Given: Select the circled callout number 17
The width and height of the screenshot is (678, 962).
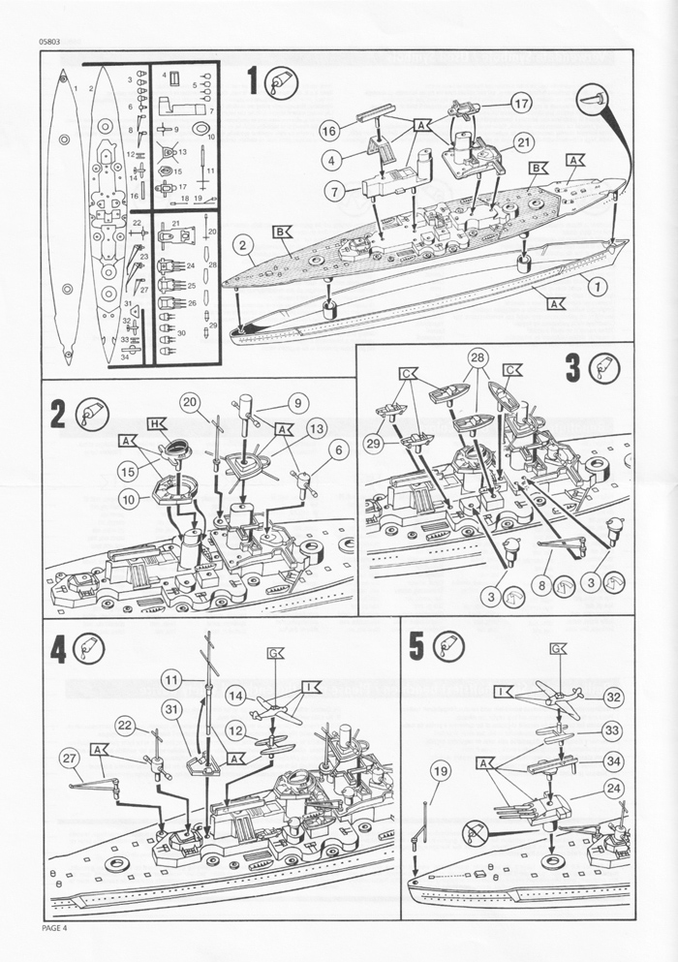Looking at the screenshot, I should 521,103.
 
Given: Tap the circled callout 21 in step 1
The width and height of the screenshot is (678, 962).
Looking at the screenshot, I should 524,142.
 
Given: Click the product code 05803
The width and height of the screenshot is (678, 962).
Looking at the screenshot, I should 54,40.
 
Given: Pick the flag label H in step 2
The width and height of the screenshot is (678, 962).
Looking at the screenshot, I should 155,423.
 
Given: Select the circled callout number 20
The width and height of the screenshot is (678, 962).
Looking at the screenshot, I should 189,402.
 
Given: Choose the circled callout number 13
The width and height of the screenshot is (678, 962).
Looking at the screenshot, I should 316,427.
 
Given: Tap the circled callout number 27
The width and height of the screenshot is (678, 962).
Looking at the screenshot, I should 68,757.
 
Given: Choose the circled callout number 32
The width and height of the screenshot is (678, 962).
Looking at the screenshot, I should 612,697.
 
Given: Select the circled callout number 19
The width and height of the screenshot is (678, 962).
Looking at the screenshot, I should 441,771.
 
